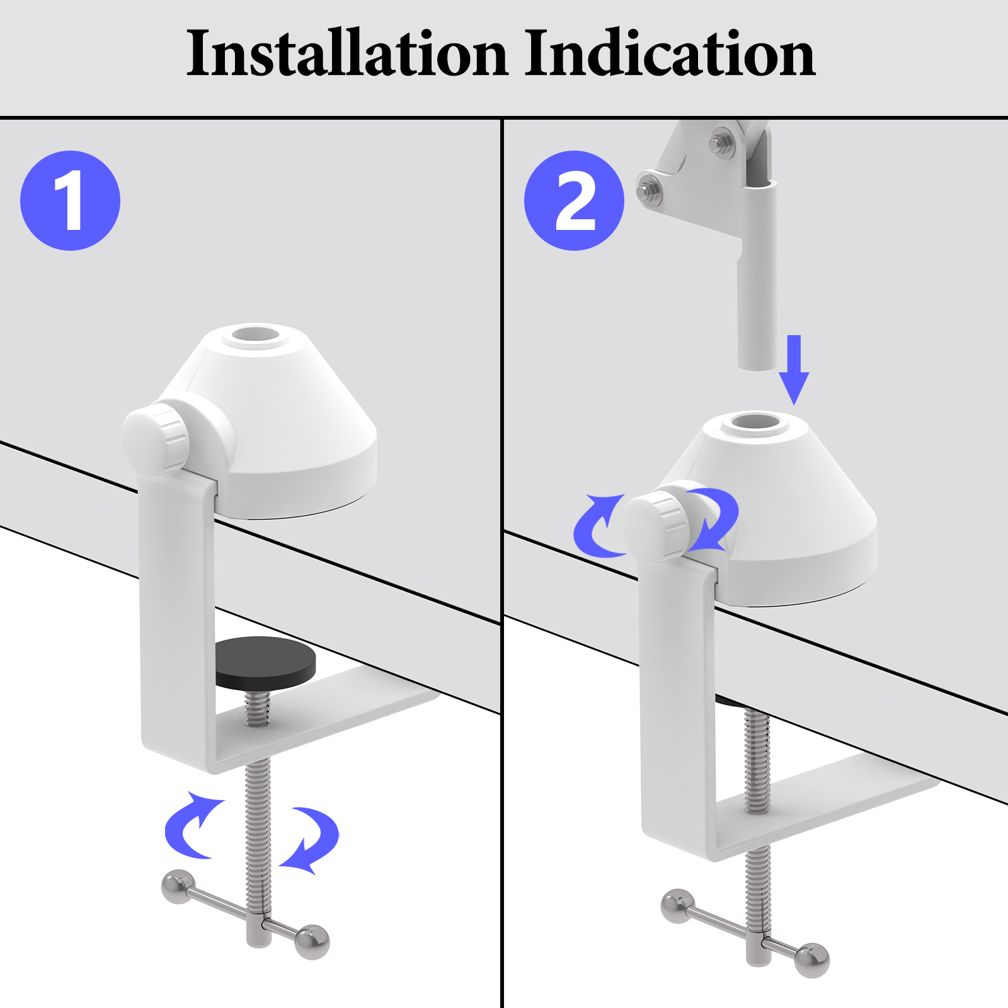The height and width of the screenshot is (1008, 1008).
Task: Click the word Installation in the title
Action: click(346, 54)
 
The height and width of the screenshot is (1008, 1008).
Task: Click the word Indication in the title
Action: click(670, 54)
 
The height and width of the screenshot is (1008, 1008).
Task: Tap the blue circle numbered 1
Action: click(70, 200)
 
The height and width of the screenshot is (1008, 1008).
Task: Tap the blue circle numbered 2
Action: click(574, 200)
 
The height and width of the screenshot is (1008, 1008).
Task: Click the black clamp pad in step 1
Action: click(265, 661)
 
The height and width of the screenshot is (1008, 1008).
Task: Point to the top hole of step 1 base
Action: click(255, 335)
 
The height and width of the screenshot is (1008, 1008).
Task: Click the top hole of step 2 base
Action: click(755, 422)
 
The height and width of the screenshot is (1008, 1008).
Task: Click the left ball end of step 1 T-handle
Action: click(177, 886)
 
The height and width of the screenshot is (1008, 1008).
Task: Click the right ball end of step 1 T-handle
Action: click(312, 942)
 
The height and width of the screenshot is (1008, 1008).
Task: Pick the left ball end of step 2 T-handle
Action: click(677, 906)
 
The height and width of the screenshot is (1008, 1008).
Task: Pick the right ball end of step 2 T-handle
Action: click(812, 960)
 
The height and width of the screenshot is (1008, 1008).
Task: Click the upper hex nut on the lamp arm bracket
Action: click(722, 142)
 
